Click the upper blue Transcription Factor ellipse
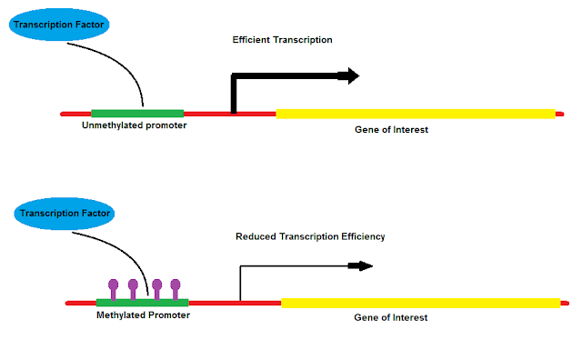pyautogui.click(x=59, y=25)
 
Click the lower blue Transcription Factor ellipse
pyautogui.click(x=65, y=214)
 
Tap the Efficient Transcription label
pyautogui.click(x=282, y=40)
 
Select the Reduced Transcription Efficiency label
pyautogui.click(x=310, y=236)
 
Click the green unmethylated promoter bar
pyautogui.click(x=137, y=114)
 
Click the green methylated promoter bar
pyautogui.click(x=143, y=303)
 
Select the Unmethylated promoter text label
pyautogui.click(x=134, y=125)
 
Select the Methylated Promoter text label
pyautogui.click(x=143, y=315)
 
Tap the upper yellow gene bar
pyautogui.click(x=416, y=114)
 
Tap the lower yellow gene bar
pyautogui.click(x=420, y=304)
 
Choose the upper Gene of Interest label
pyautogui.click(x=391, y=129)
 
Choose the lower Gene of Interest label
pyautogui.click(x=390, y=317)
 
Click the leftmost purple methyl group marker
pyautogui.click(x=113, y=289)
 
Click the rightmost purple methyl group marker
pyautogui.click(x=176, y=289)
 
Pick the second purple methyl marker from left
pyautogui.click(x=133, y=289)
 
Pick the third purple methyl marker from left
pyautogui.click(x=157, y=289)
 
